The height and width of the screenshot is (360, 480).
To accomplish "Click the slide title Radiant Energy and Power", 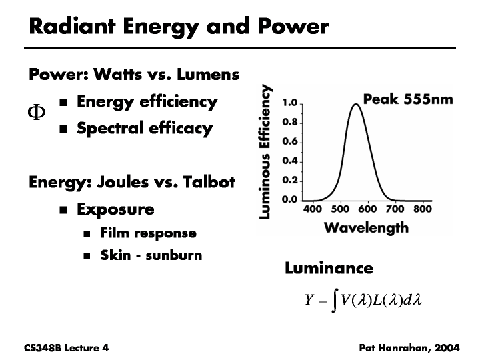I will point(179,27).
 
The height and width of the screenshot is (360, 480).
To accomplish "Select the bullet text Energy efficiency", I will point(147,102).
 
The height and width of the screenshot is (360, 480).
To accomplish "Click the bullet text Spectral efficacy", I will point(145,128).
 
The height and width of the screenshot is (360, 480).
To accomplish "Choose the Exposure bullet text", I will point(115,209).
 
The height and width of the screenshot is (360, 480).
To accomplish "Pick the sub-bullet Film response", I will point(148,233).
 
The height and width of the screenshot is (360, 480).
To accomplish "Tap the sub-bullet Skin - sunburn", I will point(151,255).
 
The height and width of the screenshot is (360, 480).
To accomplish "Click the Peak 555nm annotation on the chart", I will point(407,99).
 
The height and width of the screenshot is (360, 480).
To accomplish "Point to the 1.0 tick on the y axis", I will point(289,104).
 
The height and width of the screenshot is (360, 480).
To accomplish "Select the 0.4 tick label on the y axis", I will point(289,161).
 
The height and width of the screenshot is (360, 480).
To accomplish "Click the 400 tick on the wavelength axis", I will point(313,209).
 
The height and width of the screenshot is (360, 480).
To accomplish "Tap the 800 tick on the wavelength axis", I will point(423,209).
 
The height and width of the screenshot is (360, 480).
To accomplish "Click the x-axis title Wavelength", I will point(366,228).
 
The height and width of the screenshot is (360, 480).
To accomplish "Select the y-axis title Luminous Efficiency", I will point(266,152).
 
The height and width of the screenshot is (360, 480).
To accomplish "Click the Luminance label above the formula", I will point(329,269).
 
